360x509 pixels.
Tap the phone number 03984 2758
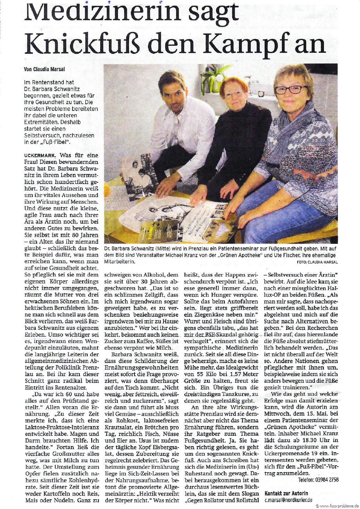318,480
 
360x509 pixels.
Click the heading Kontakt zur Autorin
286,493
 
